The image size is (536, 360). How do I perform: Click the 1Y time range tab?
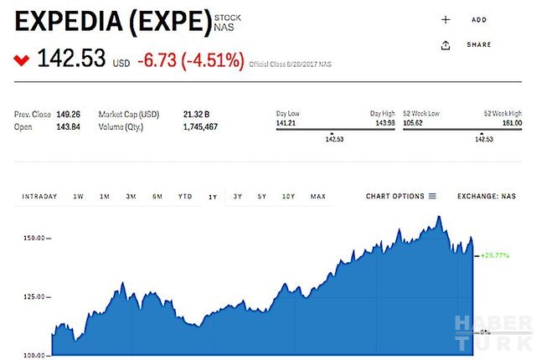[213, 197]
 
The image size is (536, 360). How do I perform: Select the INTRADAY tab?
[39, 197]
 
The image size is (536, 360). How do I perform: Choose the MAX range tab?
[317, 197]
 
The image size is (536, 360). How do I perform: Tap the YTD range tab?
[185, 197]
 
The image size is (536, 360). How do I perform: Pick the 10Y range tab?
[288, 197]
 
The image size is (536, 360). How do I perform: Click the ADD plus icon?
[446, 19]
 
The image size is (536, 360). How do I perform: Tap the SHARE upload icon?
[446, 45]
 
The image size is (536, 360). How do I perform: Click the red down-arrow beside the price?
[21, 60]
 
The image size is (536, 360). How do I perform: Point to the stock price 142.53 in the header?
[71, 59]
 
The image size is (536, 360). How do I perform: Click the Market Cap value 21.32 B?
[196, 115]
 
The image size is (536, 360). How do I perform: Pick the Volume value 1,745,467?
[200, 126]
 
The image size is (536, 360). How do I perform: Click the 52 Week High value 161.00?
[510, 122]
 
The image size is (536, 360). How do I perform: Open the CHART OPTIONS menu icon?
[433, 197]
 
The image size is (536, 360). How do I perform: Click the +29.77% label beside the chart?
[496, 256]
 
